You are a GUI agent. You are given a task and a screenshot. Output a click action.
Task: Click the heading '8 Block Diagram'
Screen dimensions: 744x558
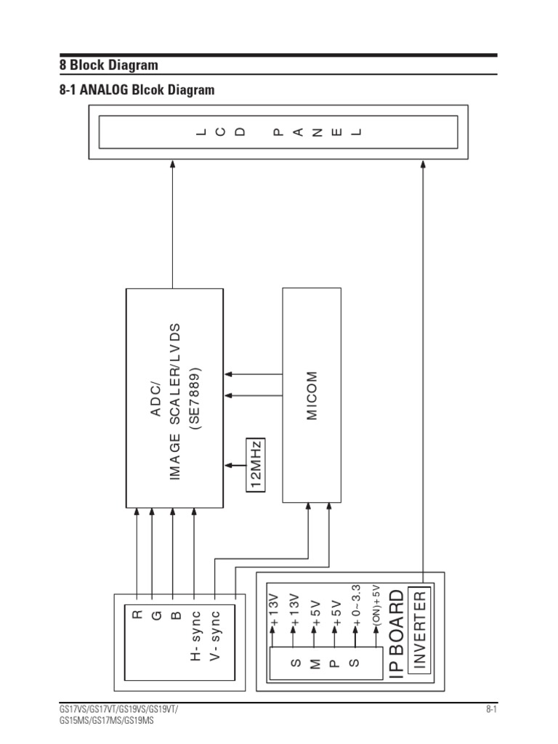(108, 65)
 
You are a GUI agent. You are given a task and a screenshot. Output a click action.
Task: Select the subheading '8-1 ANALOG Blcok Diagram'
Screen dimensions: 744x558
(137, 90)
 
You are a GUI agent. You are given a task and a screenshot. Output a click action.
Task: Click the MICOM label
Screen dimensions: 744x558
(312, 396)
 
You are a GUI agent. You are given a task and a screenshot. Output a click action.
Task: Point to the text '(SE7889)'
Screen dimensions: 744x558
(194, 399)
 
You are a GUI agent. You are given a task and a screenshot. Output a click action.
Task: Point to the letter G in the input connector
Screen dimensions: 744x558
(155, 616)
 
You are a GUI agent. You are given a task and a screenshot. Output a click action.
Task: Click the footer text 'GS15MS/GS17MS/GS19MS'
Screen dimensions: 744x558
(107, 721)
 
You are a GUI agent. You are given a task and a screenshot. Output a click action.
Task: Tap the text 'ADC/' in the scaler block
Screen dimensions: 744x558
(155, 399)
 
